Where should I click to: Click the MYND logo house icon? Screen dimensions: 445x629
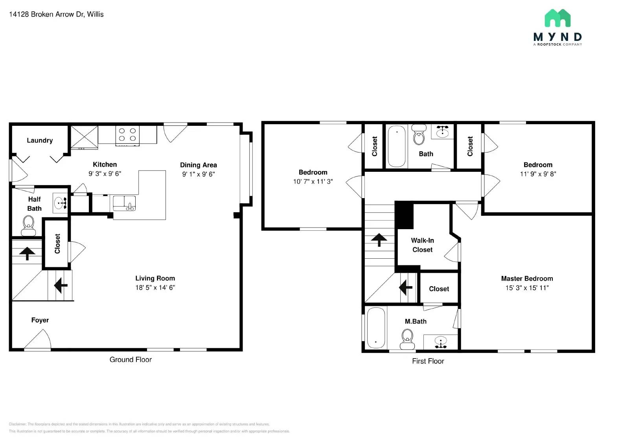[557, 18]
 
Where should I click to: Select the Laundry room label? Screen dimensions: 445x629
[40, 140]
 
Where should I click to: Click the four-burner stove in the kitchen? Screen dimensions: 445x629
[127, 135]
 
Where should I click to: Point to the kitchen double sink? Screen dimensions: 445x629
[124, 203]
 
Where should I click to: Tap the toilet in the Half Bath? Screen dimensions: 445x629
[29, 225]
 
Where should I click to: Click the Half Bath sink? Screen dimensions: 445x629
[60, 203]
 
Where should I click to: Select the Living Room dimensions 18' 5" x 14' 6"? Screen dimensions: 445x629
[155, 288]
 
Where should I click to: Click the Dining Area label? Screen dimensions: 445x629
[198, 165]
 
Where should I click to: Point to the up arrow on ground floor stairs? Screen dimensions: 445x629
[27, 253]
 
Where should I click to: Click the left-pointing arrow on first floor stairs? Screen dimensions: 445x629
[406, 287]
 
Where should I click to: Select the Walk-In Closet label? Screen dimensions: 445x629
[422, 245]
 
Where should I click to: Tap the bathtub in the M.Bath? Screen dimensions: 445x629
[376, 328]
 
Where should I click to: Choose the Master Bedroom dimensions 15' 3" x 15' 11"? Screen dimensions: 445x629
[527, 288]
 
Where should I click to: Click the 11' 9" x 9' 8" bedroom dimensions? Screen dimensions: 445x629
[538, 174]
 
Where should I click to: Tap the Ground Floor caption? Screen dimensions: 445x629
[131, 360]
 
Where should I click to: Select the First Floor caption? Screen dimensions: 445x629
[428, 361]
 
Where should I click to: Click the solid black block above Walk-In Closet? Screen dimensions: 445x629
[404, 215]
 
